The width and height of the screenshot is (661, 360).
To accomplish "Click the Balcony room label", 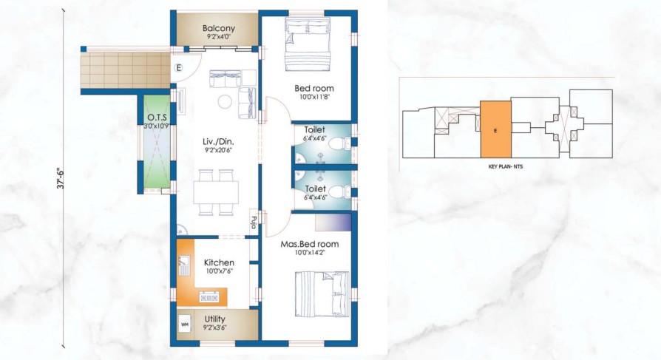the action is (x=218, y=29).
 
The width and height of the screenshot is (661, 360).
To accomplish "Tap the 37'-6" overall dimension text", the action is (x=61, y=178).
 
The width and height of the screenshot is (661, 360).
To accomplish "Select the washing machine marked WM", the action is (x=185, y=325).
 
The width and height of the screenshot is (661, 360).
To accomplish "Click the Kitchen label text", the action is (x=219, y=262).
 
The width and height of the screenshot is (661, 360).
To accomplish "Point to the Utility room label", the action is (x=214, y=319).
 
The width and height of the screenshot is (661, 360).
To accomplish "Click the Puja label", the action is (x=254, y=223).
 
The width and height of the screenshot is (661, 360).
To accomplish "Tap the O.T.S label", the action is (x=157, y=118).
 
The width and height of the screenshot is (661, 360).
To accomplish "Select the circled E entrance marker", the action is (x=179, y=68).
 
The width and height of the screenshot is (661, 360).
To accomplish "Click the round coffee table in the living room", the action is (x=224, y=101).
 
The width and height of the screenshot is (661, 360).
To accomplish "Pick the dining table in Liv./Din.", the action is (x=216, y=192).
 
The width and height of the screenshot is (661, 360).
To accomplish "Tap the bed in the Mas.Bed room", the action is (x=322, y=294).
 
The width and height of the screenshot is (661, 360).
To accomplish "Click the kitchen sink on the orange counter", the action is (x=184, y=265).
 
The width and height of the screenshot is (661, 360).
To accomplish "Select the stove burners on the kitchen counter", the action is (x=209, y=298).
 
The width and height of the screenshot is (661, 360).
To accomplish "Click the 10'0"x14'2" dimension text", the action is (x=310, y=253).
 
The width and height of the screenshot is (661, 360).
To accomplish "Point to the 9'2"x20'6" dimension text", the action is (x=218, y=149).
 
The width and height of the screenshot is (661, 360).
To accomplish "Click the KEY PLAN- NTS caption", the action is (x=506, y=166).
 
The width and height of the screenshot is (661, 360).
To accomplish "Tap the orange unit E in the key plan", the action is (x=495, y=129).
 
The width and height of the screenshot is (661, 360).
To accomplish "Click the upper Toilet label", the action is (x=315, y=130).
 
